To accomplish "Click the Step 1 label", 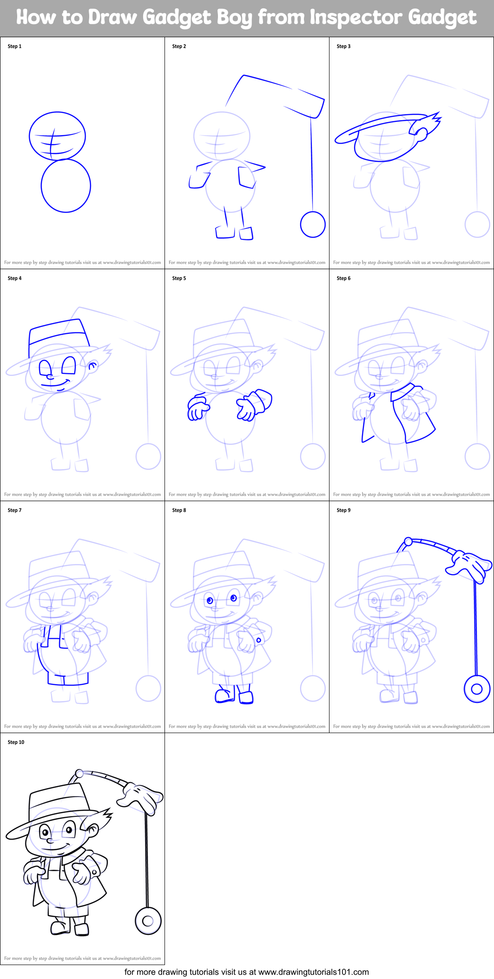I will (x=14, y=46).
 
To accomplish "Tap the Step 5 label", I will (x=179, y=278).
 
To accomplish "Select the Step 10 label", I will (x=16, y=742).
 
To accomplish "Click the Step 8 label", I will (x=179, y=510).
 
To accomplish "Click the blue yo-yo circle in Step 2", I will (x=313, y=225).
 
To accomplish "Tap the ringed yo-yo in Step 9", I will (x=477, y=689).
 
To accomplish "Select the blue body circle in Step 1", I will (x=66, y=186).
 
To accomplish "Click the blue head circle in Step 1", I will (x=57, y=135).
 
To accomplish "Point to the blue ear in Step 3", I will (x=422, y=134).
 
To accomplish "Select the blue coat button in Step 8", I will (x=259, y=640).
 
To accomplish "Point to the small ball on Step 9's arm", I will (x=408, y=542).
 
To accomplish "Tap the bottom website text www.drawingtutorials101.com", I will (x=313, y=972).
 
